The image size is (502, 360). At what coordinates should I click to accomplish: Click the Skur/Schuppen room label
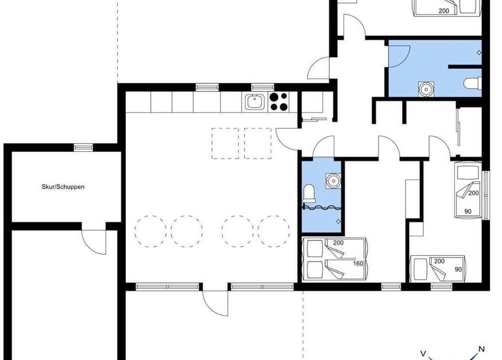[x=63, y=186]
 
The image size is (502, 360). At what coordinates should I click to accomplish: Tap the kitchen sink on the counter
[x=255, y=102]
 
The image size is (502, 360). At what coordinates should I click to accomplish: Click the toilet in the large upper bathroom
[x=472, y=83]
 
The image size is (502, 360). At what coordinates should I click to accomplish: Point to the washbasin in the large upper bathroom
[x=427, y=88]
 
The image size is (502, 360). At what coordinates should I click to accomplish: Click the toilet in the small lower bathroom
[x=308, y=193]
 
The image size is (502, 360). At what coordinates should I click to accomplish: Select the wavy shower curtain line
[x=322, y=208]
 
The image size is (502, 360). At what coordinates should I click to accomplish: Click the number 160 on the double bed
[x=358, y=263]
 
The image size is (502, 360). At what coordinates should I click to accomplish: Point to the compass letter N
[x=481, y=349]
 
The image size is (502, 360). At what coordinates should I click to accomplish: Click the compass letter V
[x=423, y=353]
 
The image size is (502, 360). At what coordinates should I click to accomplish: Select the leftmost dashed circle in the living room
[x=150, y=231]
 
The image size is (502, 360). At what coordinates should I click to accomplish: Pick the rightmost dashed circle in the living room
[x=273, y=231]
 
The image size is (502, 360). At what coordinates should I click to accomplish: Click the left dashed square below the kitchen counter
[x=225, y=143]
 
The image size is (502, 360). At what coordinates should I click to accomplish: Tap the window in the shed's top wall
[x=83, y=147]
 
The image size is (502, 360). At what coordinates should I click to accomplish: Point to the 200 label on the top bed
[x=443, y=11]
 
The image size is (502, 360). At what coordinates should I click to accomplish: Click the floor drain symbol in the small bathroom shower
[x=338, y=221]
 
